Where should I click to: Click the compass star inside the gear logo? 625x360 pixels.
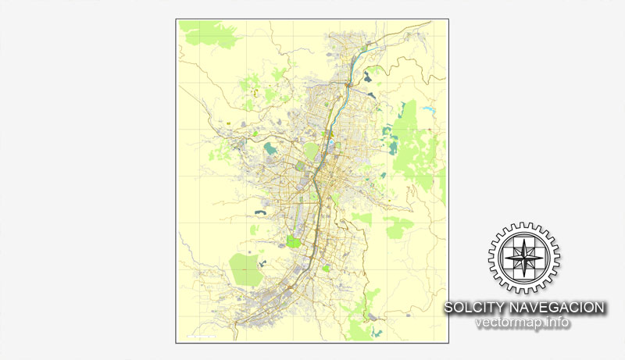click(x=524, y=258)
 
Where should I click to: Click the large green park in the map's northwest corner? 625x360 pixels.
click(x=209, y=32)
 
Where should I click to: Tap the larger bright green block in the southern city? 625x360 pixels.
click(x=294, y=241)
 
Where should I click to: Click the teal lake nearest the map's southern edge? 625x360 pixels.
click(x=373, y=318)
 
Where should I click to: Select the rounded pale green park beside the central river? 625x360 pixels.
click(x=311, y=150)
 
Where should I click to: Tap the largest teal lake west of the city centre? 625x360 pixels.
click(x=270, y=148)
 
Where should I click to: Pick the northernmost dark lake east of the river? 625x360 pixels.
click(x=370, y=95)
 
